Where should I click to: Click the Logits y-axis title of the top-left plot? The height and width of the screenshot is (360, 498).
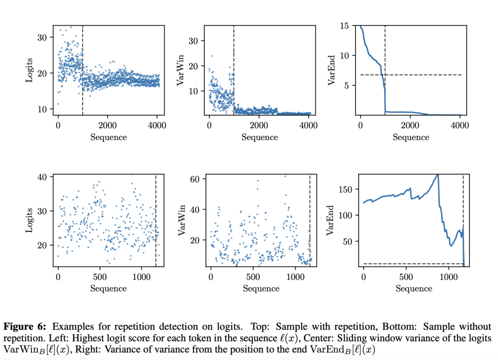tap(30, 71)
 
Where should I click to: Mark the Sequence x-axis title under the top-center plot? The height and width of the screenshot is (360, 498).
tap(260, 137)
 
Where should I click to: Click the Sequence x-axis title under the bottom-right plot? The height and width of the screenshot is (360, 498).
tap(414, 289)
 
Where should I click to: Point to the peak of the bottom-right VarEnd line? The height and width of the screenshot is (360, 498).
tap(437, 175)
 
